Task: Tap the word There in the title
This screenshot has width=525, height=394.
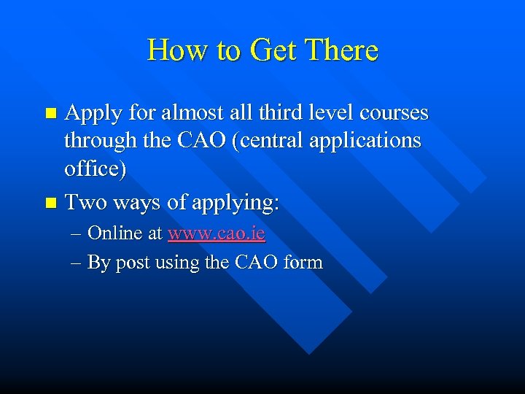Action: [x=341, y=50]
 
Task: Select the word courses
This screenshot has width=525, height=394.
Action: [x=392, y=114]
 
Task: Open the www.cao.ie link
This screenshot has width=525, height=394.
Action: [x=217, y=233]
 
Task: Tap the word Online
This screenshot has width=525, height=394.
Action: [x=116, y=233]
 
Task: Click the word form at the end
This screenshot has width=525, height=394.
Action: [x=303, y=262]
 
